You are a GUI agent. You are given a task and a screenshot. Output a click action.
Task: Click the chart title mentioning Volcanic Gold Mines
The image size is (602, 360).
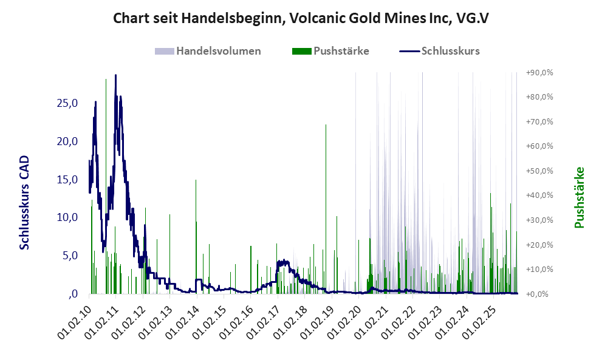pos(301,19)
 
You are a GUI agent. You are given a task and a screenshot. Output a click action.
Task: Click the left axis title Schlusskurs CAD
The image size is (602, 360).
pos(25,202)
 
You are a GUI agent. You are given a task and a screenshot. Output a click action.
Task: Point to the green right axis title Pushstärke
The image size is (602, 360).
pos(579,198)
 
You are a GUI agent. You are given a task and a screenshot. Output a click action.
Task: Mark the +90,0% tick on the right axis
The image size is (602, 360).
pos(539,72)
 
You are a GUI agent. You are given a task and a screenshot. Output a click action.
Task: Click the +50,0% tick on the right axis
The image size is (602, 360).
pos(539,171)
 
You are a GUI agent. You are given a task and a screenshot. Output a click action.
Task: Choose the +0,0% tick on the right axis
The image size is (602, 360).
pos(541,294)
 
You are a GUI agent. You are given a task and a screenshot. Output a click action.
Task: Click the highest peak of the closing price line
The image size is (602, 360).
pos(115,76)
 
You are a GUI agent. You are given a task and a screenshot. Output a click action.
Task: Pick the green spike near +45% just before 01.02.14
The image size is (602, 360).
pos(196,181)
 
